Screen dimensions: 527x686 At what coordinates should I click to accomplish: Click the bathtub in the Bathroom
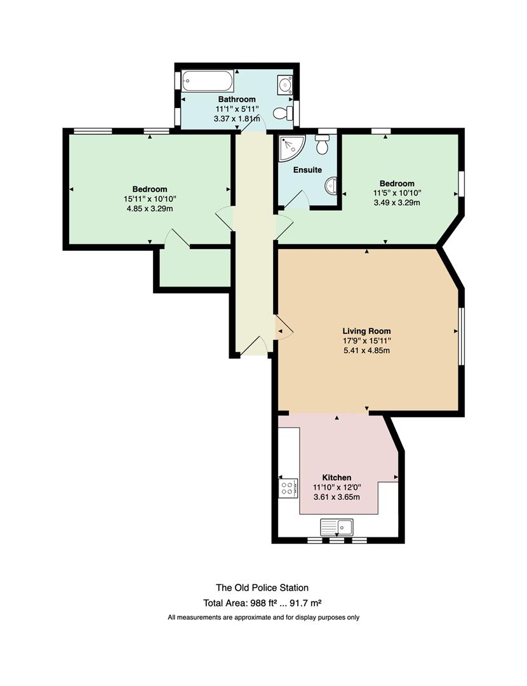pos(208,81)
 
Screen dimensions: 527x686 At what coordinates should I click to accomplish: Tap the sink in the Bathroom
pos(284,84)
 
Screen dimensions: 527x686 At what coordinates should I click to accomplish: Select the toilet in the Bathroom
pos(283,113)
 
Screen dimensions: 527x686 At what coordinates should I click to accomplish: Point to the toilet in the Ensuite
pos(323,144)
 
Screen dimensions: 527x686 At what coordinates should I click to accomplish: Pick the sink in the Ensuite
pos(331,185)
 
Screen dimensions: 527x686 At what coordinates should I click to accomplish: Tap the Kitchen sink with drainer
pos(337,527)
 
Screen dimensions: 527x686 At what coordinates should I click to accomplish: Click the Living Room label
pos(366,331)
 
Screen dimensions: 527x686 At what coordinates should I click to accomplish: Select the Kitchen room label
pos(337,477)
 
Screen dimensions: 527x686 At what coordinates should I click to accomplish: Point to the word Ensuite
pos(307,170)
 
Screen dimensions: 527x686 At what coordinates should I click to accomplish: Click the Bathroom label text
pos(237,99)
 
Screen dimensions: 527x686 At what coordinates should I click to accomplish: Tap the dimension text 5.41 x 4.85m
pos(366,351)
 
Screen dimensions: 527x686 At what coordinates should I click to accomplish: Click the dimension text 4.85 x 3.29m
pos(150,209)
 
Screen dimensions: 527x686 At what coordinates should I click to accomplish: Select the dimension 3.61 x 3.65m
pos(337,497)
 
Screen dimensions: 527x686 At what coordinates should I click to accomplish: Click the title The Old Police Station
pos(262,588)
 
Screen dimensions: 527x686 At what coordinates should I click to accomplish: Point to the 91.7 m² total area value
pos(309,603)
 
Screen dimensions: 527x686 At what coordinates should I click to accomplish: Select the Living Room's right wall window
pos(461,336)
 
